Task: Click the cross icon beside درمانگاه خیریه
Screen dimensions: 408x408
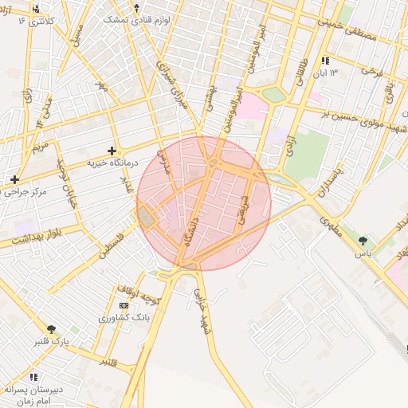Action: tap(111, 150)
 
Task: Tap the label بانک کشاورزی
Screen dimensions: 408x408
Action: tap(123, 318)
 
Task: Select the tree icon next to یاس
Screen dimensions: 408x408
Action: tap(363, 240)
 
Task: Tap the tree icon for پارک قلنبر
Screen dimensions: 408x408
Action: tap(52, 329)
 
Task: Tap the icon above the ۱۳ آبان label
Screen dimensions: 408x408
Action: tap(324, 61)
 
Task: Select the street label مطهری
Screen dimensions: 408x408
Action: tap(330, 226)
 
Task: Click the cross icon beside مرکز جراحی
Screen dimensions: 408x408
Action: tap(14, 179)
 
